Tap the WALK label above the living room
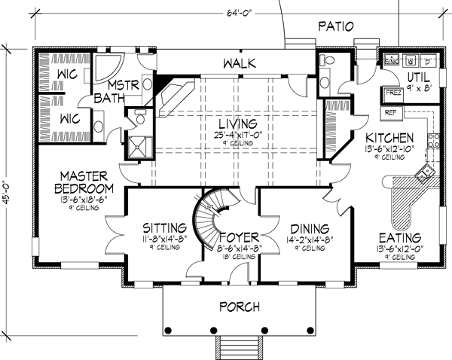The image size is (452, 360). coord(236,64)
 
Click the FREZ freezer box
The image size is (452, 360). coord(392,93)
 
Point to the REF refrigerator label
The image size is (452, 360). coord(390,111)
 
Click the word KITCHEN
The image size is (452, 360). coord(389,138)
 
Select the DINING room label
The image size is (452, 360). coord(307,228)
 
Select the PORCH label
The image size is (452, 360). coord(239,307)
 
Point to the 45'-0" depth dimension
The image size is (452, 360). coord(9,157)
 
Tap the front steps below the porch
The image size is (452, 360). coord(239,349)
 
